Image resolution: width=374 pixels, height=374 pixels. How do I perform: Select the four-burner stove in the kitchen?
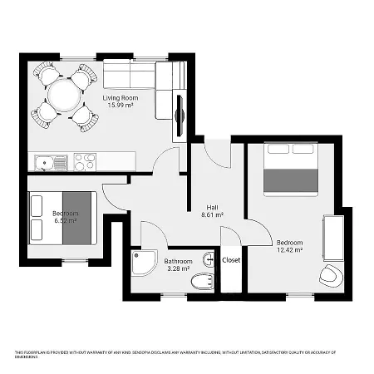click(x=85, y=161)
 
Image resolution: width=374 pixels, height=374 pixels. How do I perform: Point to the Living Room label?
click(x=120, y=97)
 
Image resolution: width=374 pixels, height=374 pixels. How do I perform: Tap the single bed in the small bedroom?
click(x=63, y=218)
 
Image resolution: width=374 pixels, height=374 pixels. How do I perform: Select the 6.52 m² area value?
click(x=66, y=222)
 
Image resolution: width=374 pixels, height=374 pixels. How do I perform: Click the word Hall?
click(x=213, y=208)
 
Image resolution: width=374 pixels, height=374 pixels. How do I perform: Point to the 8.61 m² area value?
click(x=213, y=215)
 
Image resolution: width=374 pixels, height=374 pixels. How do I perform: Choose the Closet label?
click(x=232, y=260)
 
